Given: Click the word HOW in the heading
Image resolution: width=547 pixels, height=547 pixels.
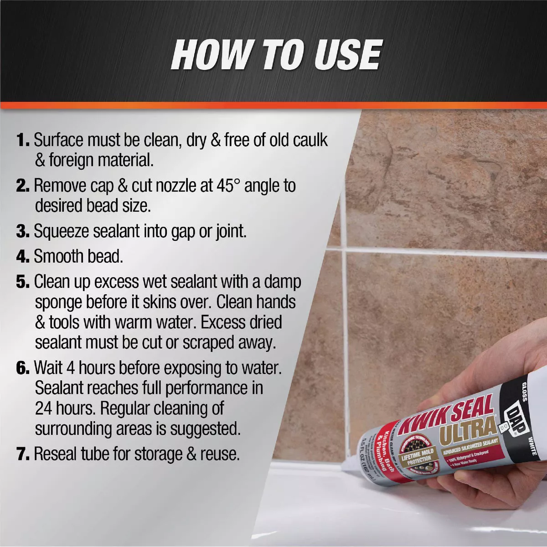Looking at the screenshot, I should click(211, 55).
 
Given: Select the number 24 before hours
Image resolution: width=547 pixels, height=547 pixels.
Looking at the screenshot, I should click(43, 408).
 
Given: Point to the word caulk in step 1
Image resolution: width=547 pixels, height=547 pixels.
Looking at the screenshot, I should click(310, 140).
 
